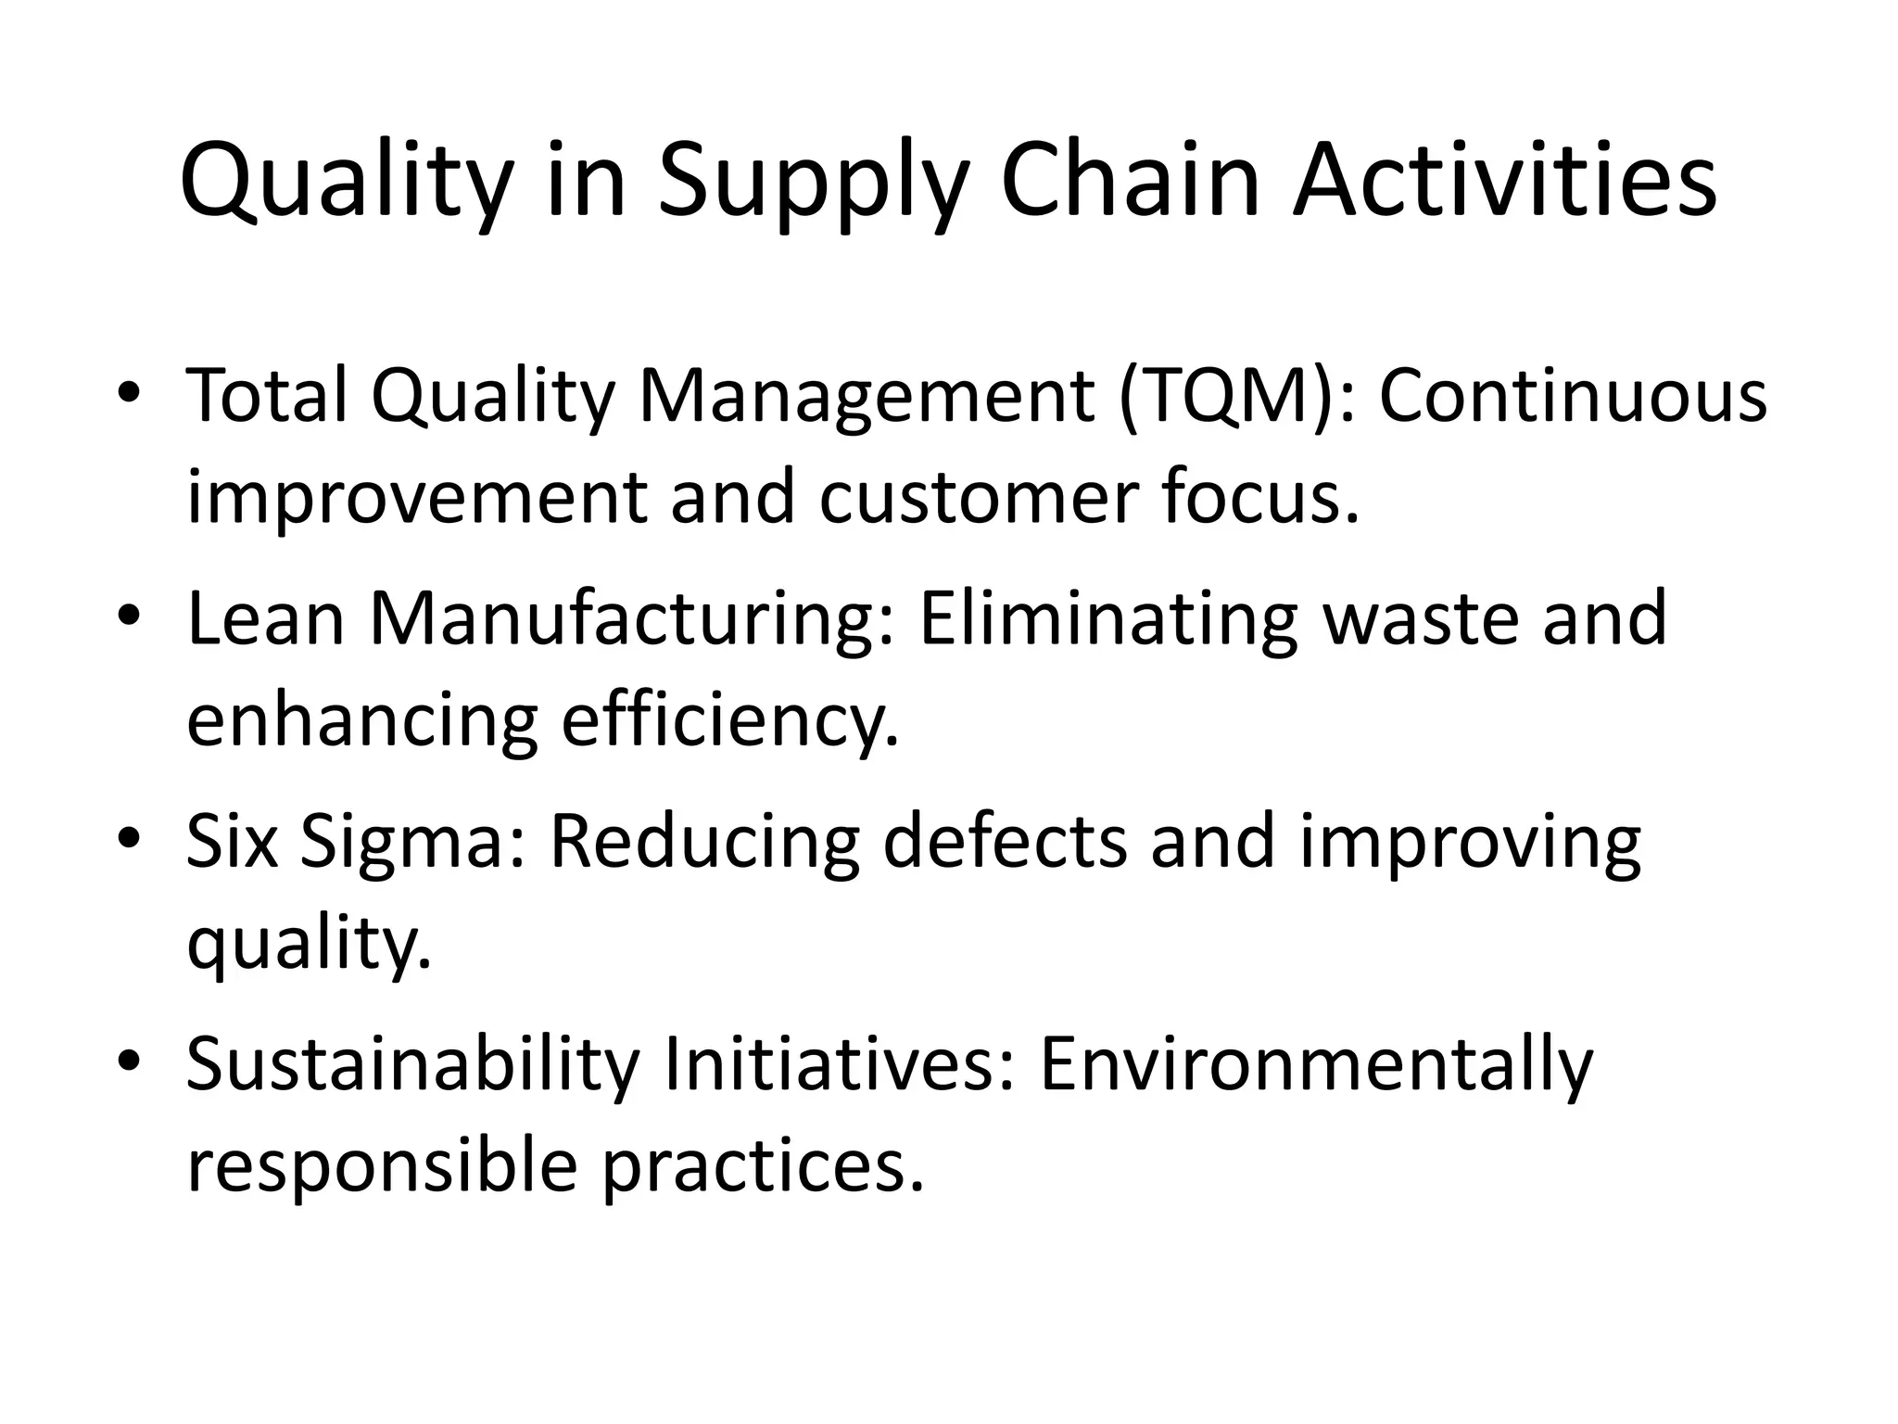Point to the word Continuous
tap(1573, 396)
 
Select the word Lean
tap(265, 619)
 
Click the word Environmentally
tap(1316, 1064)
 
